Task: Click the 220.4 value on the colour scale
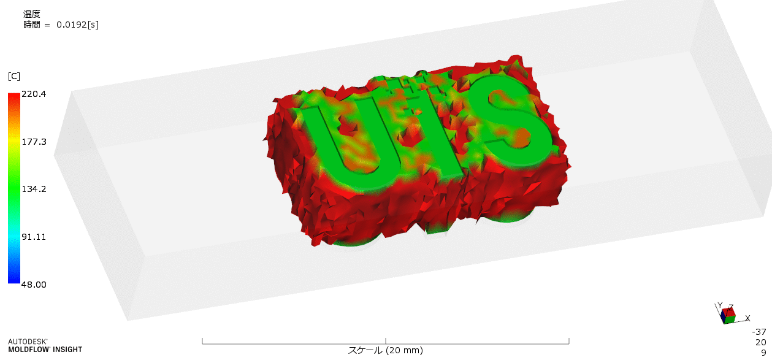34,94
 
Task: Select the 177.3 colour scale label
34,142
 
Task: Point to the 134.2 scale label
34,189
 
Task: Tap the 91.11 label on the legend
34,237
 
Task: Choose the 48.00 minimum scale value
34,285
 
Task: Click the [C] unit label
14,76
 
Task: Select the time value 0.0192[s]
77,25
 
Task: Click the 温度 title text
32,14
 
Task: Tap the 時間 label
32,25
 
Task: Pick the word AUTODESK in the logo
28,342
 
